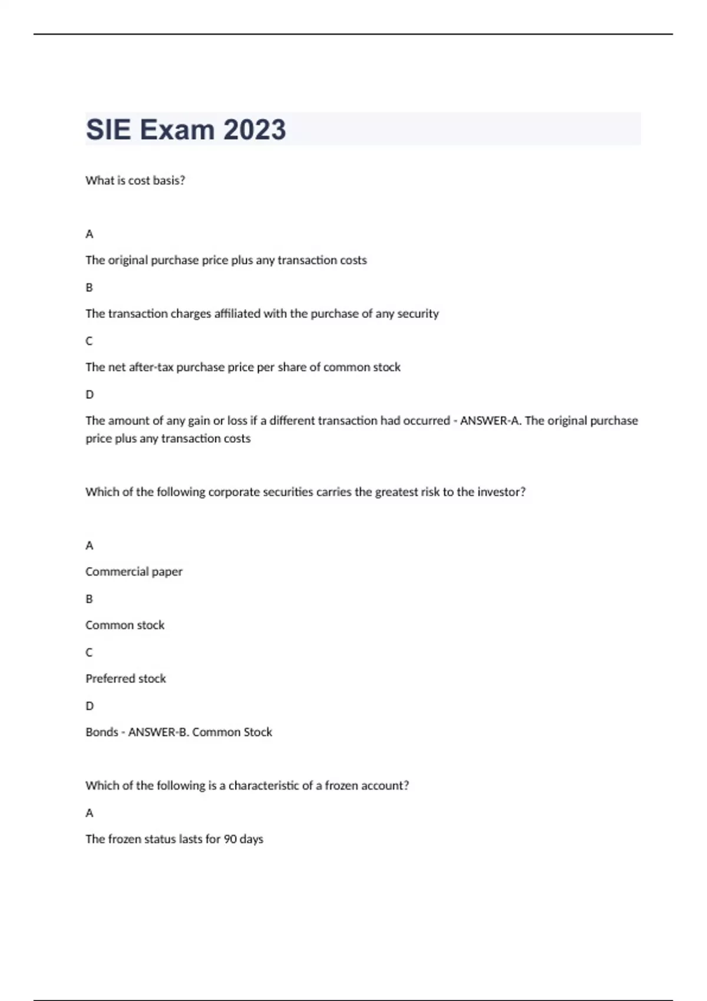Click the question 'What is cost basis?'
coord(135,181)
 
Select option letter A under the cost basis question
coord(90,234)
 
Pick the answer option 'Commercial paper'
coord(134,572)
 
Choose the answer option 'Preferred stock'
coord(125,679)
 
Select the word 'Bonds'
coord(101,732)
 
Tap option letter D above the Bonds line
coord(90,706)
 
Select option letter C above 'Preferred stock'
coord(90,652)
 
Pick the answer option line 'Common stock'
coord(125,625)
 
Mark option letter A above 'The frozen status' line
coord(90,813)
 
